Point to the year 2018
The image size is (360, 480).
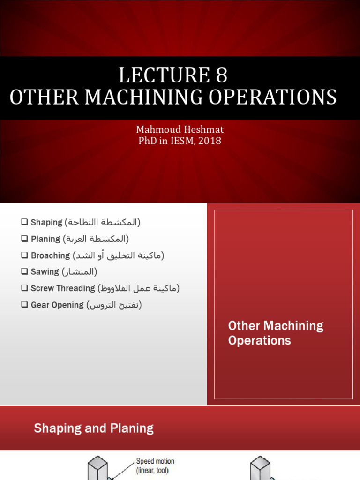209,141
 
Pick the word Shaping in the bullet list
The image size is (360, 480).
46,223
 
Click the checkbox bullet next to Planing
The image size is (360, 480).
25,239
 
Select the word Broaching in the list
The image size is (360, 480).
50,255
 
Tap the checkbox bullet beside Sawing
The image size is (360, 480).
25,272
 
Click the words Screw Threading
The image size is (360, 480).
63,288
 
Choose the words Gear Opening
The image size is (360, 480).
57,305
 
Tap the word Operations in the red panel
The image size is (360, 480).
259,340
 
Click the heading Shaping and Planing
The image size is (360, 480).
94,428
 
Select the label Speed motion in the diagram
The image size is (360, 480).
155,461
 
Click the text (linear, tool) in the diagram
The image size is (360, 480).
152,470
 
